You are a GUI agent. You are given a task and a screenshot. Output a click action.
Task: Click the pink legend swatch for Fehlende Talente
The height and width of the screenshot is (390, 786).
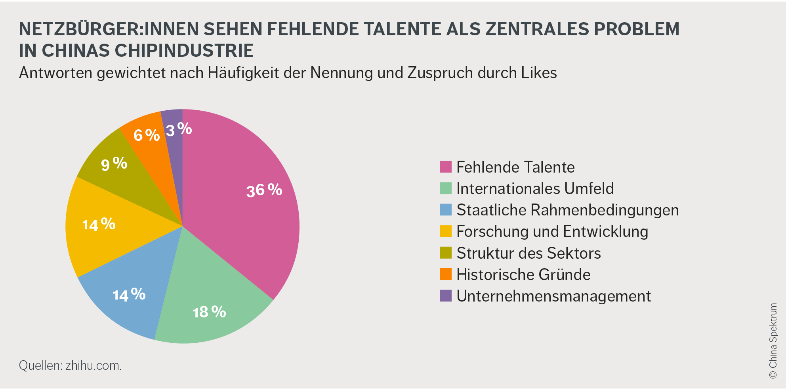[446, 167]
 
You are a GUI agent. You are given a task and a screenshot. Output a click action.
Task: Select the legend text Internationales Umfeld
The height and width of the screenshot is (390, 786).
[535, 188]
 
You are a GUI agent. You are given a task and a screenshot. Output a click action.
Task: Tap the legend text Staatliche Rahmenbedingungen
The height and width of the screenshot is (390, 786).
[567, 210]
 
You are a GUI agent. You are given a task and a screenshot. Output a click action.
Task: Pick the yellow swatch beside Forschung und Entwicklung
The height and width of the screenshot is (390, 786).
[446, 231]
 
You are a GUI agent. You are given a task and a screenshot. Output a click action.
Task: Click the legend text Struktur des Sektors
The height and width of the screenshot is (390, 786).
[528, 253]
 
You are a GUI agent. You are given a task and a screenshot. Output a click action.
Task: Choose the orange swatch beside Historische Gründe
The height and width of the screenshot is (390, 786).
[446, 274]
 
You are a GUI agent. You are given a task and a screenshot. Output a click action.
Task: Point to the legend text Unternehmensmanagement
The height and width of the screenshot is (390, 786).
[553, 296]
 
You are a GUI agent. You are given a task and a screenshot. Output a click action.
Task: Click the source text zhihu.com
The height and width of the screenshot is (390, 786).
[93, 365]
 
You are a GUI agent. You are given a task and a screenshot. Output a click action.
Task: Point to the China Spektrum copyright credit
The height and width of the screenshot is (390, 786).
[773, 341]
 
